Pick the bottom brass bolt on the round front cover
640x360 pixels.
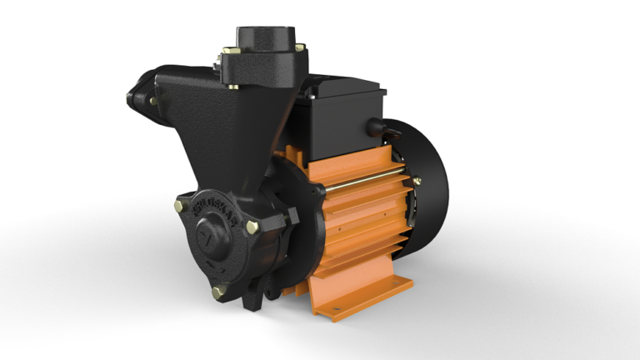(x=219, y=291)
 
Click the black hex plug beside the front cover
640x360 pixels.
(x=290, y=219)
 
